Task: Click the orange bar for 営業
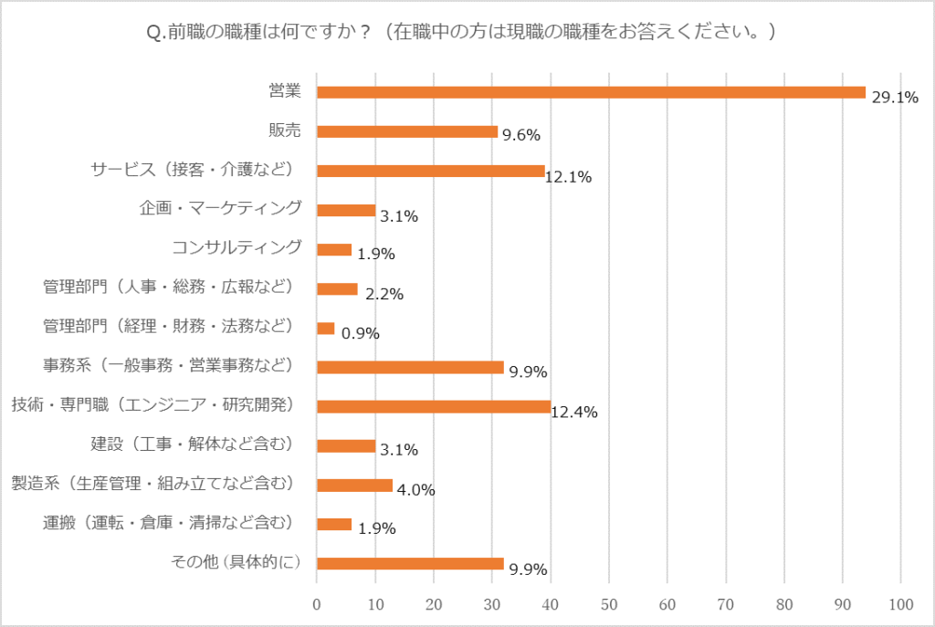590,92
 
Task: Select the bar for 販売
407,131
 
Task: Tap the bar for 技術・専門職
433,406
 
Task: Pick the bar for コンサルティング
334,249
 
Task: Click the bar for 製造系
354,485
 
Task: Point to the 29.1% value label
894,98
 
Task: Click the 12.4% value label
574,412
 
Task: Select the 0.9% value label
361,333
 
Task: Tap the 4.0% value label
415,490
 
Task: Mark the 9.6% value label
520,136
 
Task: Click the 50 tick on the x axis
609,603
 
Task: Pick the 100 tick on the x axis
901,603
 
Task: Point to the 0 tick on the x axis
317,603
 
